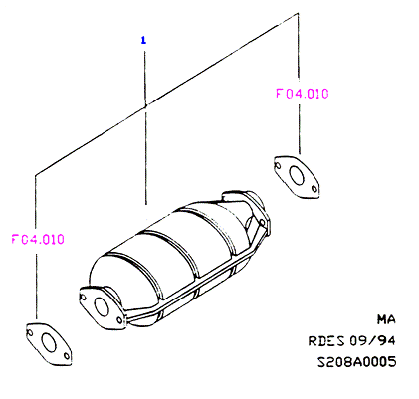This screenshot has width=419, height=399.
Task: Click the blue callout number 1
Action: (x=143, y=41)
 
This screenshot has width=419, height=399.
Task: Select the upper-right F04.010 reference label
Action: (x=303, y=94)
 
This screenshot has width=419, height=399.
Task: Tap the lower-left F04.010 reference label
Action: (x=38, y=239)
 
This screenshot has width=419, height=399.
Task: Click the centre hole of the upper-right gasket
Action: (x=297, y=176)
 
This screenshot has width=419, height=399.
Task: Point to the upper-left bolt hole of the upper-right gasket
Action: (x=278, y=165)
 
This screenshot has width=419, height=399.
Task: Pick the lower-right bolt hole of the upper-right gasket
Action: (x=314, y=189)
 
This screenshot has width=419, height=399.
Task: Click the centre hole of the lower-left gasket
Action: (x=49, y=343)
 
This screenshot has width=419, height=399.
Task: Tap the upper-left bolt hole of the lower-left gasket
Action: (x=30, y=332)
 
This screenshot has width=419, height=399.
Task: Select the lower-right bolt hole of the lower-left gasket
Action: (x=67, y=356)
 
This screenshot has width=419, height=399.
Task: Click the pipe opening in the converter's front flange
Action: (x=102, y=306)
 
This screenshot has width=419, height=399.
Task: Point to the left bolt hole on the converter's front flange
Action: (x=83, y=297)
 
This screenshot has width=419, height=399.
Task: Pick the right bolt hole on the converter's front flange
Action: (x=119, y=320)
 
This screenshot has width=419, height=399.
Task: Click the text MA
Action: (x=386, y=319)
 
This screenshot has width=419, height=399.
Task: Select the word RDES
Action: (x=326, y=341)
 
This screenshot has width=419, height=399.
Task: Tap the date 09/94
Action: (x=372, y=340)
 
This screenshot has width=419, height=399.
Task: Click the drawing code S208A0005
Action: (x=357, y=361)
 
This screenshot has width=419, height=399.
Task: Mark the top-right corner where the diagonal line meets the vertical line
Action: (x=298, y=13)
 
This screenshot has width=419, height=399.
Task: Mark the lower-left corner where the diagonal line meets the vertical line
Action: (x=36, y=174)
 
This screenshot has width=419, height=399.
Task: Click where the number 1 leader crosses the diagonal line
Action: (x=145, y=105)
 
